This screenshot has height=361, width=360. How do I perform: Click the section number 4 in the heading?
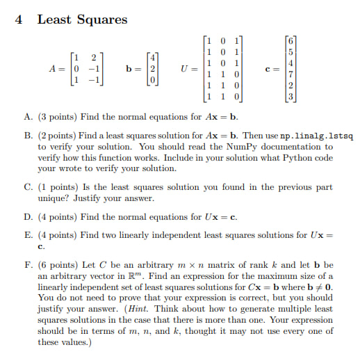(x=19, y=19)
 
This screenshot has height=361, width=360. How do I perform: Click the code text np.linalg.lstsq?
(x=312, y=136)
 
